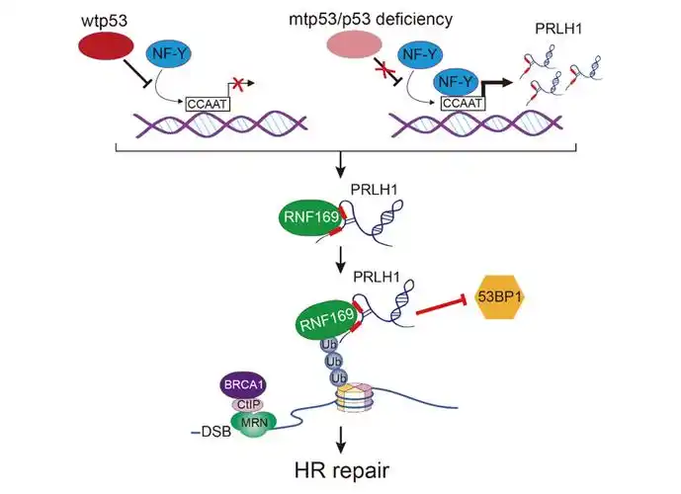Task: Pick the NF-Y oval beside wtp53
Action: click(x=167, y=57)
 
